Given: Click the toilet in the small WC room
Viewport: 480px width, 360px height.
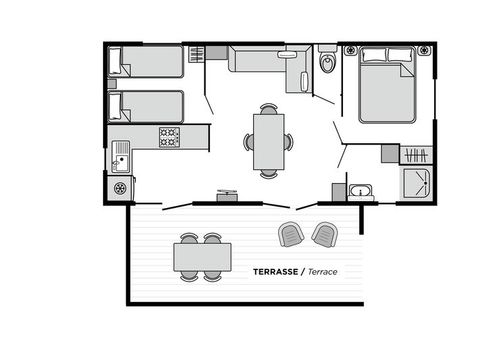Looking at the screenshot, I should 326,65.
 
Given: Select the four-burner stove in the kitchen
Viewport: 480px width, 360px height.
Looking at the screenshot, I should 169,136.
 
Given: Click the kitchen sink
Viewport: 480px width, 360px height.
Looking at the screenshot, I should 121,155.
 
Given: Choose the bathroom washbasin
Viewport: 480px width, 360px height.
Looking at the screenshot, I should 360,190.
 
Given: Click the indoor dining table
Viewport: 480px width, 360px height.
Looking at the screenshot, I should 268,141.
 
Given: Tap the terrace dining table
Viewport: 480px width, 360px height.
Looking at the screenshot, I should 202,258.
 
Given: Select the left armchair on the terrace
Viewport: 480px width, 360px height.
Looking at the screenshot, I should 291,234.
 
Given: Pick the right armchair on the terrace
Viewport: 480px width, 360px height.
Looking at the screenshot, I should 323,234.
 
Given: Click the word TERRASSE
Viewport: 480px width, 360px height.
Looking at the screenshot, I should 271,271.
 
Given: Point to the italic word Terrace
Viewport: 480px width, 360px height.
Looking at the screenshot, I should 322,271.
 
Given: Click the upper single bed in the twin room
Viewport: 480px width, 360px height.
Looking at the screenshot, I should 148,62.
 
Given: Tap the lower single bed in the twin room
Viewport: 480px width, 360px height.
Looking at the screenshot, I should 148,106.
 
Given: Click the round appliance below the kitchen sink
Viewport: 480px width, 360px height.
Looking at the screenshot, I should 121,187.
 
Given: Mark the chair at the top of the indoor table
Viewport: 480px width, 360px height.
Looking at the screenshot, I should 268,109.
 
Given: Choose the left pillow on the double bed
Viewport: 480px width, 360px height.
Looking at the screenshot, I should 372,55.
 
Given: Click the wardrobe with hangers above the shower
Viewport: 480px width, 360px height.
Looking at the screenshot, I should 416,154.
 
